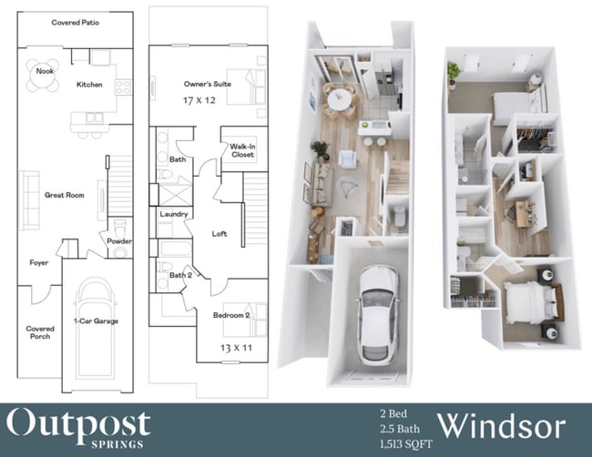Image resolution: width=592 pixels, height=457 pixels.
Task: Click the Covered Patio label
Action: point(76,22)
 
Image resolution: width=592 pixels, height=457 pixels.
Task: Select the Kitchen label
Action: point(89,85)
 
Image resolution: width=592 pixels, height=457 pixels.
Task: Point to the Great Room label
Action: point(64,195)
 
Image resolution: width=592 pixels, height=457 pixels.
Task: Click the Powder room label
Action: point(119,241)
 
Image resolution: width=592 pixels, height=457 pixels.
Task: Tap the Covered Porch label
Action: point(39,332)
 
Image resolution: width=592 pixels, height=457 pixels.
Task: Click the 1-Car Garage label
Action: point(96,320)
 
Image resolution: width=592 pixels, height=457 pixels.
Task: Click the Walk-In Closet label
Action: point(241,150)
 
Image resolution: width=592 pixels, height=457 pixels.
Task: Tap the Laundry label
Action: point(173,215)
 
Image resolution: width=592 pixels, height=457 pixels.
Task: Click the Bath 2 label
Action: point(180,275)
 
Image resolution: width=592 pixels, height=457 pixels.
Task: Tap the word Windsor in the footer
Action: point(504,426)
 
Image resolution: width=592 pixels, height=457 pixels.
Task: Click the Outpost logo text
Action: point(79,421)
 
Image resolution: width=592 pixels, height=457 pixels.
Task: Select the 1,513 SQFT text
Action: point(405,442)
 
